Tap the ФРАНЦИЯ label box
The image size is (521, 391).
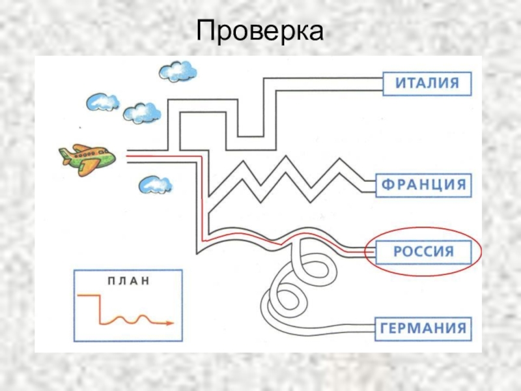(423, 184)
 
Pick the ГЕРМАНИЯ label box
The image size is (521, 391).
(423, 328)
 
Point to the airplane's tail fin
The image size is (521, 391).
(65, 154)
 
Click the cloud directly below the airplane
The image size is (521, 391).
(155, 185)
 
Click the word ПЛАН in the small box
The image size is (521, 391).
(128, 282)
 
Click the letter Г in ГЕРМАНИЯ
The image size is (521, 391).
(386, 328)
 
